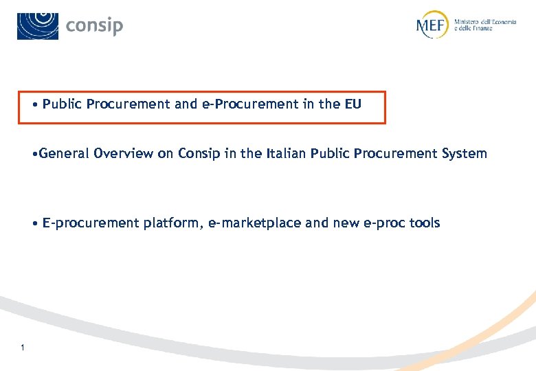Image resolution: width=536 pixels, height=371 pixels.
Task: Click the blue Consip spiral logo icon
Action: [38, 25]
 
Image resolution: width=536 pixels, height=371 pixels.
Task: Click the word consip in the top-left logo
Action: [94, 26]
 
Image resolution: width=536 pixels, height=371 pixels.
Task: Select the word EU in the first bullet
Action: [352, 104]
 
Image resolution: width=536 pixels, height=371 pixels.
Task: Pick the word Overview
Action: [124, 153]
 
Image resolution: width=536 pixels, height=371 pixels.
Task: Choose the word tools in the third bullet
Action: [425, 223]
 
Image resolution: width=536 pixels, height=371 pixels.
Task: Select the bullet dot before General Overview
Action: [34, 154]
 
